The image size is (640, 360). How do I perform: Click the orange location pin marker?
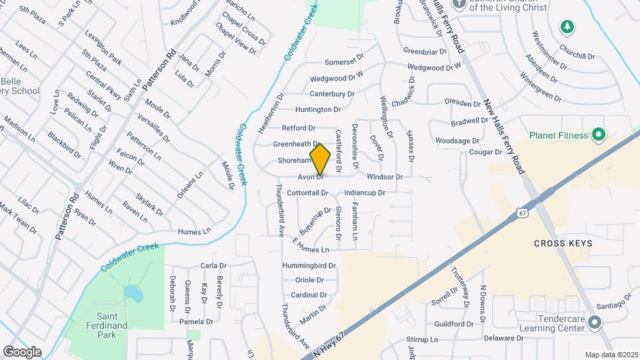[320, 159]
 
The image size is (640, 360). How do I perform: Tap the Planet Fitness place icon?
[598, 135]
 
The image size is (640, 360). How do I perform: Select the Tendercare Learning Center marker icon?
[595, 322]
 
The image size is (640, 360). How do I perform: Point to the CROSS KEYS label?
[563, 243]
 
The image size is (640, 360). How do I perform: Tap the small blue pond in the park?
[132, 293]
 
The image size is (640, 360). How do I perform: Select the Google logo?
[22, 351]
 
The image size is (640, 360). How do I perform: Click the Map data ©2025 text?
[611, 355]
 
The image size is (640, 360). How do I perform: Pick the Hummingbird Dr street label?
[308, 265]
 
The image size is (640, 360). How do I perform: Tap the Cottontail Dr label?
[307, 193]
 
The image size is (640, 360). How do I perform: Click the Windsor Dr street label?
[385, 177]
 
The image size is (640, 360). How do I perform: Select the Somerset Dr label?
[346, 62]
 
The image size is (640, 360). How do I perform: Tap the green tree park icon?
[567, 27]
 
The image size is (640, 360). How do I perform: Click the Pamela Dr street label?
[196, 321]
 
